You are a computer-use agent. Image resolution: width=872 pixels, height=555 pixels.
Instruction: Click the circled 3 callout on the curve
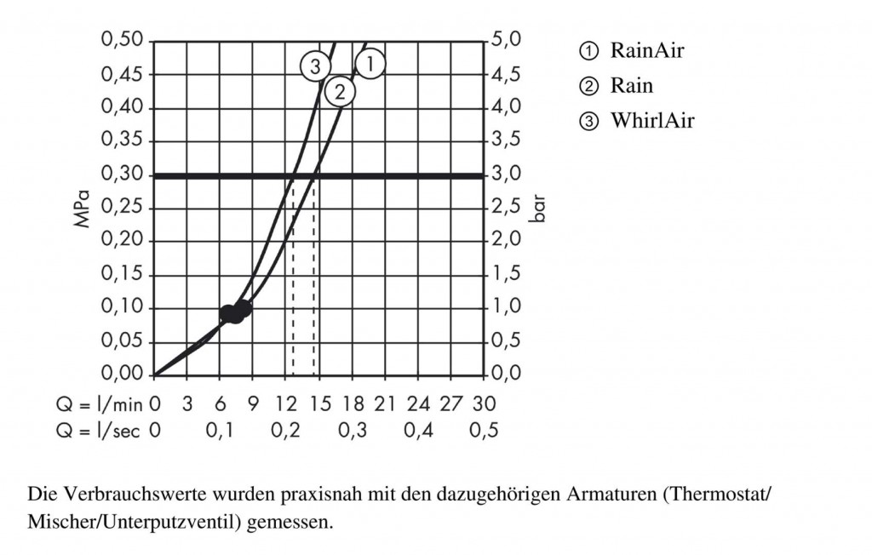pos(315,66)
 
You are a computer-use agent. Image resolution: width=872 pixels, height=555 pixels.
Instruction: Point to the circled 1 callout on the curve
pos(370,62)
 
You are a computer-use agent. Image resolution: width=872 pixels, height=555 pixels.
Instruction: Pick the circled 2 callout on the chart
pos(340,92)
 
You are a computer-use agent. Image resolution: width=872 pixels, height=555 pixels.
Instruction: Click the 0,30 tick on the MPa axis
pos(123,175)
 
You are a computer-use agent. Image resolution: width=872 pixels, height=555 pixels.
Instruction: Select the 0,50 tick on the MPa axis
pos(123,41)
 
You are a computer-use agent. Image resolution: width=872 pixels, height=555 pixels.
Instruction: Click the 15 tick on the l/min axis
pos(319,403)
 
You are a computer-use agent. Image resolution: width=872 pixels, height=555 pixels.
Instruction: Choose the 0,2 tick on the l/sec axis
pos(285,431)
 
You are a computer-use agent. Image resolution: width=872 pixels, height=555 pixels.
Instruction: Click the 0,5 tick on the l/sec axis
pos(484,431)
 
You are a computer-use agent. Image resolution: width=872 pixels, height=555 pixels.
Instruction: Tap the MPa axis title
pos(83,209)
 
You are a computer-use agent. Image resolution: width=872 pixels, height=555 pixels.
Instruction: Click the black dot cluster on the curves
pos(235,312)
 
